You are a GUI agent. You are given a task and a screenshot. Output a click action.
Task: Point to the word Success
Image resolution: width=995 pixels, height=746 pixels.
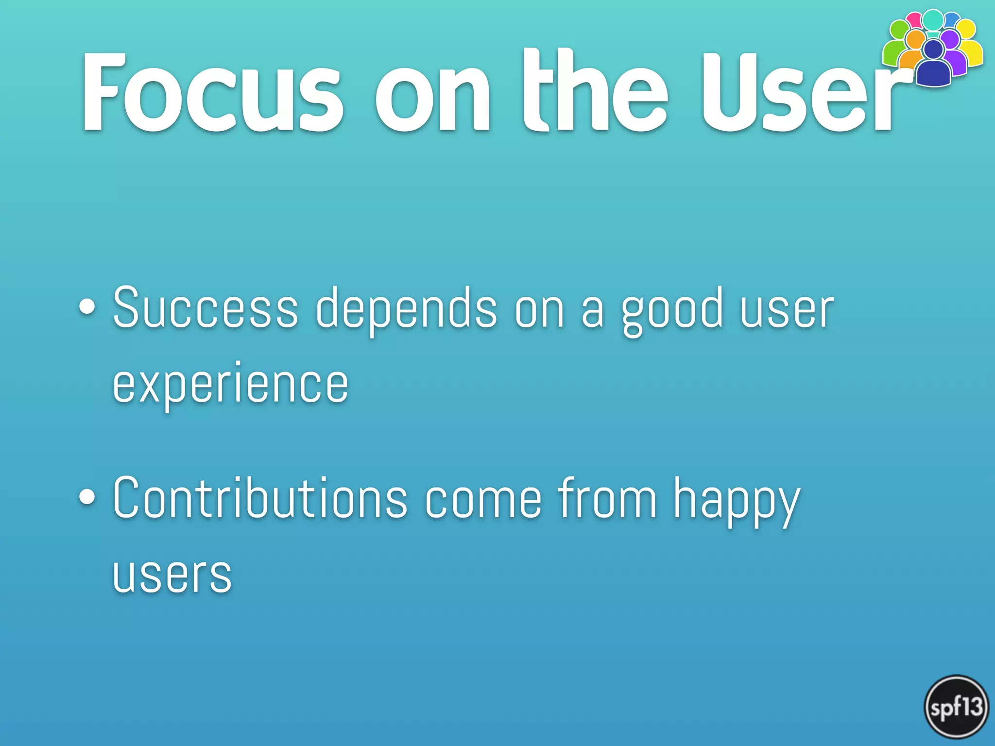(205, 309)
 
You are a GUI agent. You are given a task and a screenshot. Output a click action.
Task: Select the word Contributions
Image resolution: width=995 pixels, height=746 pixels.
(259, 498)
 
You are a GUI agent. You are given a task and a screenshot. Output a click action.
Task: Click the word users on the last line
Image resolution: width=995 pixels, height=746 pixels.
(172, 576)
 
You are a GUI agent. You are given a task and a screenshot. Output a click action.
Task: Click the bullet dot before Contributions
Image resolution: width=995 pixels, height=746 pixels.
(87, 497)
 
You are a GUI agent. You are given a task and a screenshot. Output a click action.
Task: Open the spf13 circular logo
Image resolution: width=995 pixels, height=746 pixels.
(956, 707)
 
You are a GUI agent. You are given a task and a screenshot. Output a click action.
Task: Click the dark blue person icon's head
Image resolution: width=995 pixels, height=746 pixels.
(933, 49)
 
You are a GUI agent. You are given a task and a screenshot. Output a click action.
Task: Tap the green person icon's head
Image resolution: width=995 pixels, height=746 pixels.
(899, 29)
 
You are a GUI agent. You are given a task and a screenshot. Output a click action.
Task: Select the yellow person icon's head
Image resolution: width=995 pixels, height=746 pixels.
(966, 29)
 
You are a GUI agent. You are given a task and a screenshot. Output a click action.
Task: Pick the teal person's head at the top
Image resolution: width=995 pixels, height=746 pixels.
(933, 19)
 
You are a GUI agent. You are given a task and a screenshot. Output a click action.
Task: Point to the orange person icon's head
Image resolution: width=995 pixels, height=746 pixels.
(916, 39)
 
